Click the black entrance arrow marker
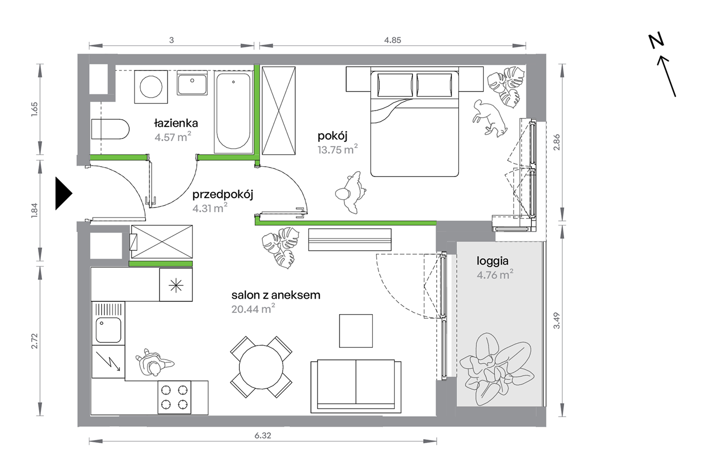(63, 193)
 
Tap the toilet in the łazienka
(110, 129)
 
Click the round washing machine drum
(151, 87)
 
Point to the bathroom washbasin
(192, 83)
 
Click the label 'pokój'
(332, 136)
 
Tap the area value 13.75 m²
(337, 149)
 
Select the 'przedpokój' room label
(223, 195)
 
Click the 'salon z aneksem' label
(276, 295)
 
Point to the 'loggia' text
(493, 261)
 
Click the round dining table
(261, 367)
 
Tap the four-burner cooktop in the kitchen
(174, 397)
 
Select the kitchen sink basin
(108, 330)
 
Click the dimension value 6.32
(263, 435)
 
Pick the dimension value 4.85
(393, 40)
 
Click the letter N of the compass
(656, 41)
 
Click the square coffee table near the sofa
(356, 331)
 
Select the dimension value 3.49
(556, 321)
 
